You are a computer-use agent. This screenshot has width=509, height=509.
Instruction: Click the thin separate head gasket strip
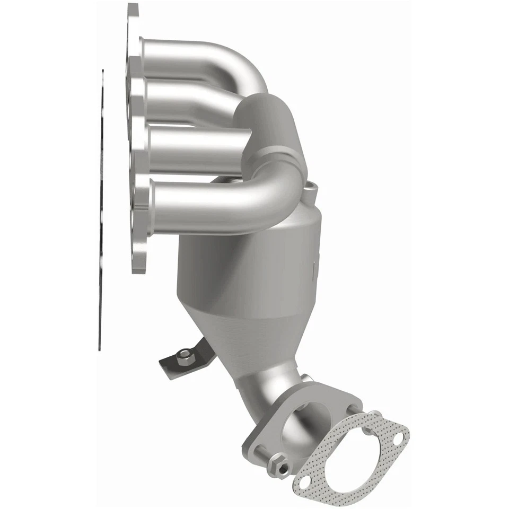[x=101, y=212]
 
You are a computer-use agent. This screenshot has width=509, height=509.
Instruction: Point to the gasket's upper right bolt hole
[x=398, y=436]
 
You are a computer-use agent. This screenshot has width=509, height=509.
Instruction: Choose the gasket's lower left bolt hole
[x=304, y=482]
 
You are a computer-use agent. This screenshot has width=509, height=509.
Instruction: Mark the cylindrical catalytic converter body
[x=249, y=265]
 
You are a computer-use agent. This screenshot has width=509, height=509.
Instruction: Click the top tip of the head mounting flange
[x=133, y=7]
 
